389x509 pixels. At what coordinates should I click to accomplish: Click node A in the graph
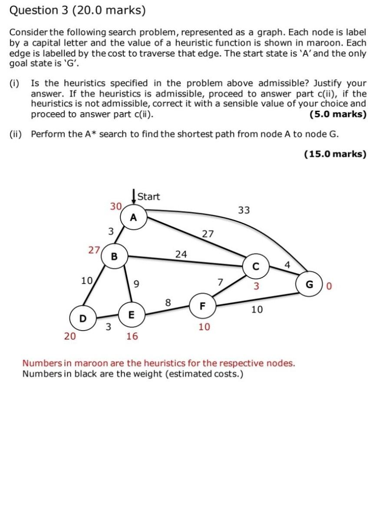(x=133, y=217)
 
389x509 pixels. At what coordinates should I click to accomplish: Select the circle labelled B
(x=114, y=257)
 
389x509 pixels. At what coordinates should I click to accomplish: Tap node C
(x=256, y=267)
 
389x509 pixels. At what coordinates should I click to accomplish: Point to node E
(x=132, y=314)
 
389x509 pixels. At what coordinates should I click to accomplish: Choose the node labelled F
(x=202, y=305)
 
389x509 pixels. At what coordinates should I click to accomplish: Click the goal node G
(x=310, y=285)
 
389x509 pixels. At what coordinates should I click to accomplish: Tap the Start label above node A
(x=148, y=197)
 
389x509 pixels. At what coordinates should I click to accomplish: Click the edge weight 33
(x=244, y=210)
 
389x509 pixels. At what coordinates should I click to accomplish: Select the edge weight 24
(x=181, y=254)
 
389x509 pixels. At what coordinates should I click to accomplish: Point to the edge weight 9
(x=136, y=285)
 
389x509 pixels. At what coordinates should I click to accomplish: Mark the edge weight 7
(x=220, y=283)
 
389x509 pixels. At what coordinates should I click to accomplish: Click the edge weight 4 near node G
(x=287, y=264)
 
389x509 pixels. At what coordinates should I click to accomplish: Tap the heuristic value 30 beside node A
(x=115, y=206)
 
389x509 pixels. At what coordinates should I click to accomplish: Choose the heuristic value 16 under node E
(x=132, y=336)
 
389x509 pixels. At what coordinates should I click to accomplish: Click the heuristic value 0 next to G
(x=329, y=286)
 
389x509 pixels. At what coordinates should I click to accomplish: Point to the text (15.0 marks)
(x=335, y=154)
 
